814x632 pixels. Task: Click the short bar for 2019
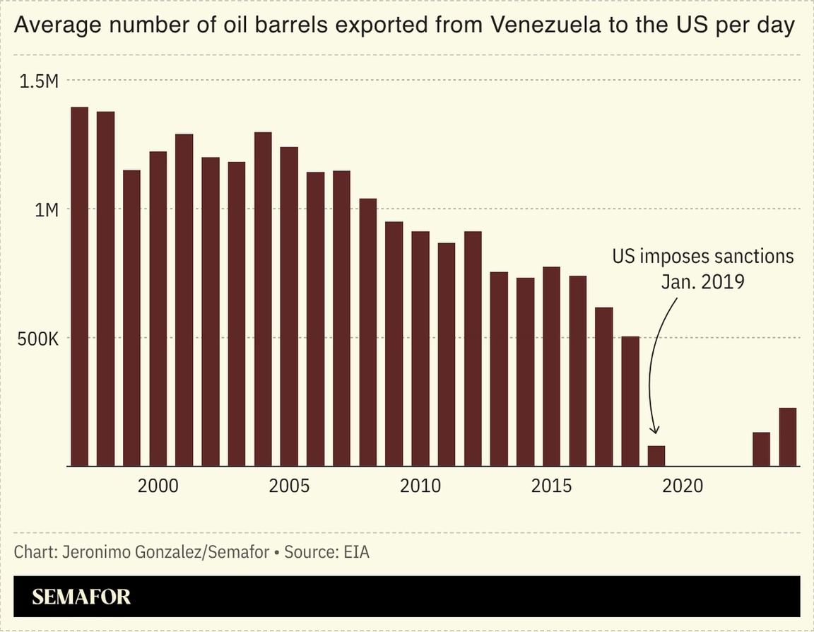click(656, 456)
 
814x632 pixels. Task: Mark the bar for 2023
click(761, 449)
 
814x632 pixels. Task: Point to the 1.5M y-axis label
click(39, 81)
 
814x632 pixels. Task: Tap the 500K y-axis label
click(36, 339)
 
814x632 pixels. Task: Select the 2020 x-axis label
click(683, 486)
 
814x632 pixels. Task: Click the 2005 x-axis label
click(289, 486)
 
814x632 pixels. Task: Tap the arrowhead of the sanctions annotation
click(655, 431)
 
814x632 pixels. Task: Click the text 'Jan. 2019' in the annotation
click(702, 281)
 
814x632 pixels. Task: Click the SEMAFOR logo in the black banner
click(81, 596)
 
